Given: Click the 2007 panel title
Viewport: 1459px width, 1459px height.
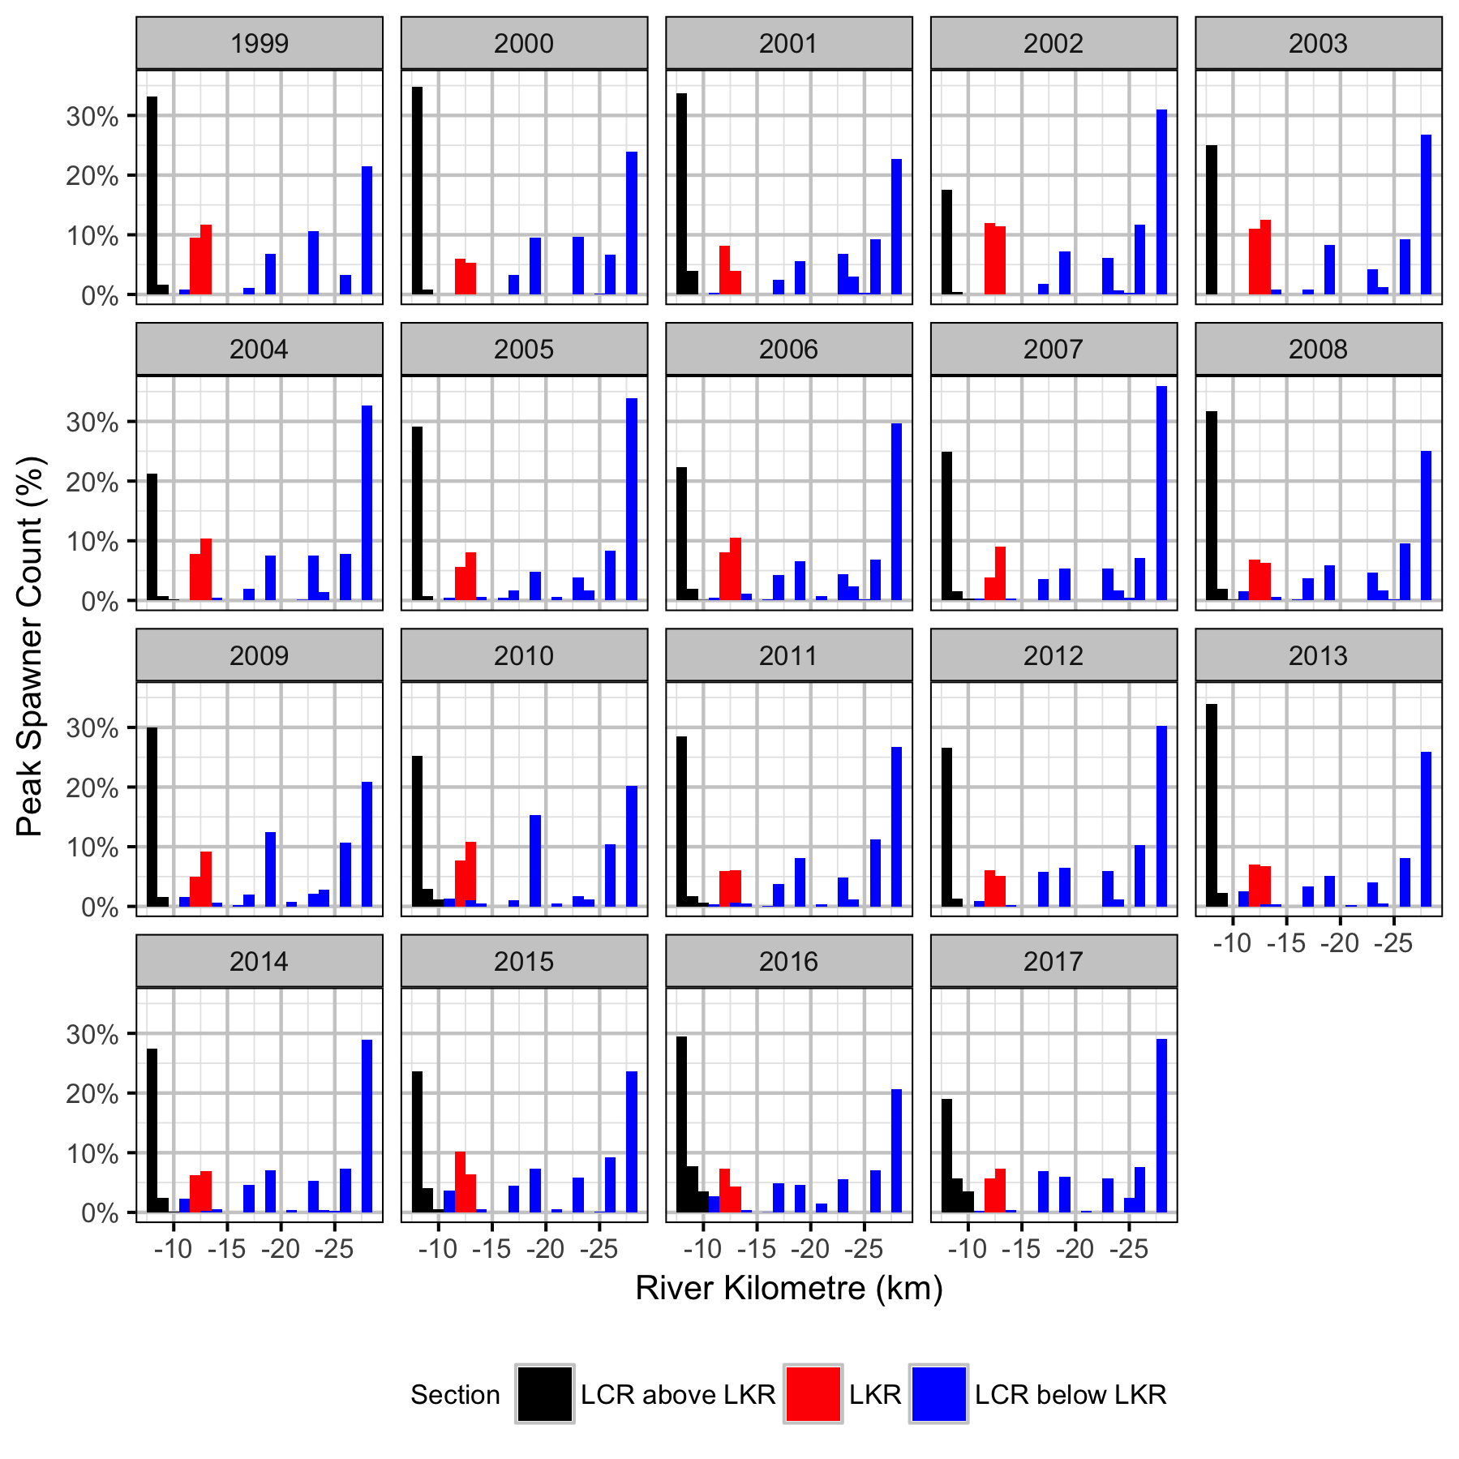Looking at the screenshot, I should click(x=1053, y=350).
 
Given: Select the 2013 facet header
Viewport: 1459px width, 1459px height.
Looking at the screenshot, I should click(x=1318, y=655).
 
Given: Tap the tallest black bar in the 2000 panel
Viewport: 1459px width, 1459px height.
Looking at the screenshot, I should click(x=417, y=191).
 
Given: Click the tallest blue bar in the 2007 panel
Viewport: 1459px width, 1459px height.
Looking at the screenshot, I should click(x=1161, y=493).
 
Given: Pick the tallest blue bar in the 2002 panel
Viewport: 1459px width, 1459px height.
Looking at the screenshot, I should click(x=1161, y=202).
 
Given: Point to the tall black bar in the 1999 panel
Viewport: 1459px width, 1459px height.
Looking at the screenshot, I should click(x=152, y=195).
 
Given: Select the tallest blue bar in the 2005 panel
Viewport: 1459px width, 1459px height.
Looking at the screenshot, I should click(x=632, y=499).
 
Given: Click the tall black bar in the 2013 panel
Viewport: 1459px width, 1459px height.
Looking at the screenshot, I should click(x=1212, y=805).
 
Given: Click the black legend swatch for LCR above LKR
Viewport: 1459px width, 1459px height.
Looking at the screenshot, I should click(x=544, y=1394).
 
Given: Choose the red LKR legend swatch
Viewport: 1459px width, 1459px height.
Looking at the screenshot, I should click(x=813, y=1394).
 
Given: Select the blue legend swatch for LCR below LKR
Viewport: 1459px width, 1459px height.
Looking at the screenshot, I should click(x=938, y=1394).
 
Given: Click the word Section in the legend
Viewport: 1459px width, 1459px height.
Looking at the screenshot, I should click(x=455, y=1395).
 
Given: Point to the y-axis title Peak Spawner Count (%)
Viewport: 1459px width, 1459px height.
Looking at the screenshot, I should click(x=30, y=646).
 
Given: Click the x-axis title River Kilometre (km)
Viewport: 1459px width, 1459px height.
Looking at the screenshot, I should click(x=788, y=1288).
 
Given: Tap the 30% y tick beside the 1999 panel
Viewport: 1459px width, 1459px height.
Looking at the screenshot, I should click(x=92, y=116).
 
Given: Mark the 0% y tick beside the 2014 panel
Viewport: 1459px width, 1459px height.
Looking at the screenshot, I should click(x=99, y=1213).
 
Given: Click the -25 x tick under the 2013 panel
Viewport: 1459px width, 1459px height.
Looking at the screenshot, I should click(x=1393, y=943).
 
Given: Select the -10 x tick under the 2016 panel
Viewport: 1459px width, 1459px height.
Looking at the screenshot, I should click(x=702, y=1249).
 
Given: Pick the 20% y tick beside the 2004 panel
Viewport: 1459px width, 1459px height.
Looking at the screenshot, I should click(x=92, y=482).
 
